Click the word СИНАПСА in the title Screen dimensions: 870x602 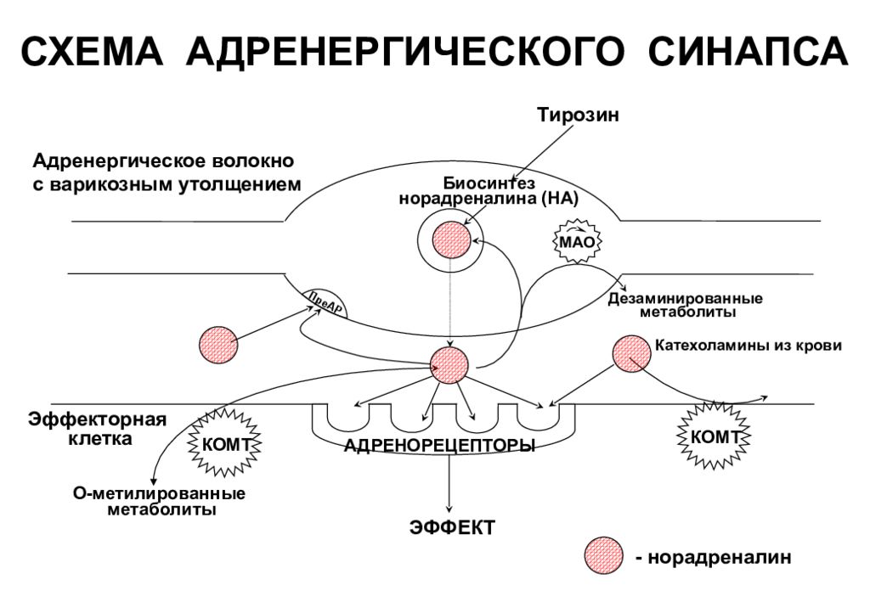(x=748, y=51)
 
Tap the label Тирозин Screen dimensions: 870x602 (x=578, y=115)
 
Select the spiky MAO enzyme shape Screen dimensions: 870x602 (x=577, y=242)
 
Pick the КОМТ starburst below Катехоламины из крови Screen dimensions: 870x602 (x=714, y=436)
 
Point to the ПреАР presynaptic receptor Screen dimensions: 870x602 (x=325, y=303)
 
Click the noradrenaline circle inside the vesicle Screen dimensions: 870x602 (x=451, y=240)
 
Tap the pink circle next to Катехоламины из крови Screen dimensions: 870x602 (x=632, y=354)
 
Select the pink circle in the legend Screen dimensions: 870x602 (x=604, y=556)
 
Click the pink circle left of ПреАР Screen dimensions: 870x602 (x=218, y=345)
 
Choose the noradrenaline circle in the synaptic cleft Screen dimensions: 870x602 (x=449, y=365)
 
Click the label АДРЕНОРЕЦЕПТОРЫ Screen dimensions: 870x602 (x=439, y=445)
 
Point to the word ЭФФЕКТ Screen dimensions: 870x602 (x=452, y=527)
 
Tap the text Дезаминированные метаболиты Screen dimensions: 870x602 (x=686, y=305)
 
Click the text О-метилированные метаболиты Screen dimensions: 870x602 (x=160, y=501)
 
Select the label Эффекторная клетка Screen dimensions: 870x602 (x=98, y=429)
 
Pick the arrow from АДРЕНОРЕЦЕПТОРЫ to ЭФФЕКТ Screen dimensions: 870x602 (x=449, y=482)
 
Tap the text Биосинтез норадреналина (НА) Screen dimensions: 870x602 (x=489, y=191)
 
